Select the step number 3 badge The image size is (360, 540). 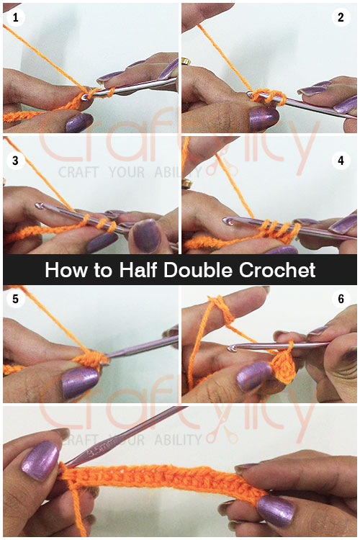(x=14, y=160)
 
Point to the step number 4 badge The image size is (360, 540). (x=341, y=160)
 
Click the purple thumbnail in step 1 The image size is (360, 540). (x=78, y=122)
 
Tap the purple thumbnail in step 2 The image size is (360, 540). (x=261, y=115)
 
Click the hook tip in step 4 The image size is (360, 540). (x=230, y=219)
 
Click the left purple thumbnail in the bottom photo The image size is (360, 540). (x=40, y=461)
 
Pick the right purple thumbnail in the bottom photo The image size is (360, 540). (x=277, y=509)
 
